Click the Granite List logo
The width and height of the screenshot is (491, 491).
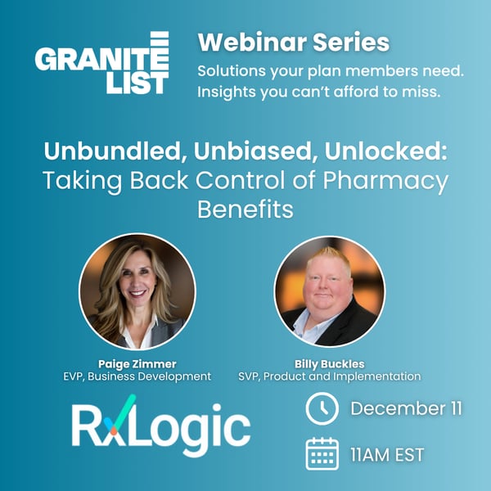pyautogui.click(x=102, y=63)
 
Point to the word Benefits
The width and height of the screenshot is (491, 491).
pyautogui.click(x=245, y=209)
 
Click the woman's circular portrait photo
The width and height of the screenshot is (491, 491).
pyautogui.click(x=137, y=291)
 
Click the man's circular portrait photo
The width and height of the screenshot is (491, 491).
pyautogui.click(x=329, y=291)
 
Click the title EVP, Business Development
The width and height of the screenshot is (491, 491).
pyautogui.click(x=136, y=376)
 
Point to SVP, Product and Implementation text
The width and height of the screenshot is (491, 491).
pyautogui.click(x=328, y=376)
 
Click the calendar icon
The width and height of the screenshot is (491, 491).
pyautogui.click(x=322, y=453)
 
